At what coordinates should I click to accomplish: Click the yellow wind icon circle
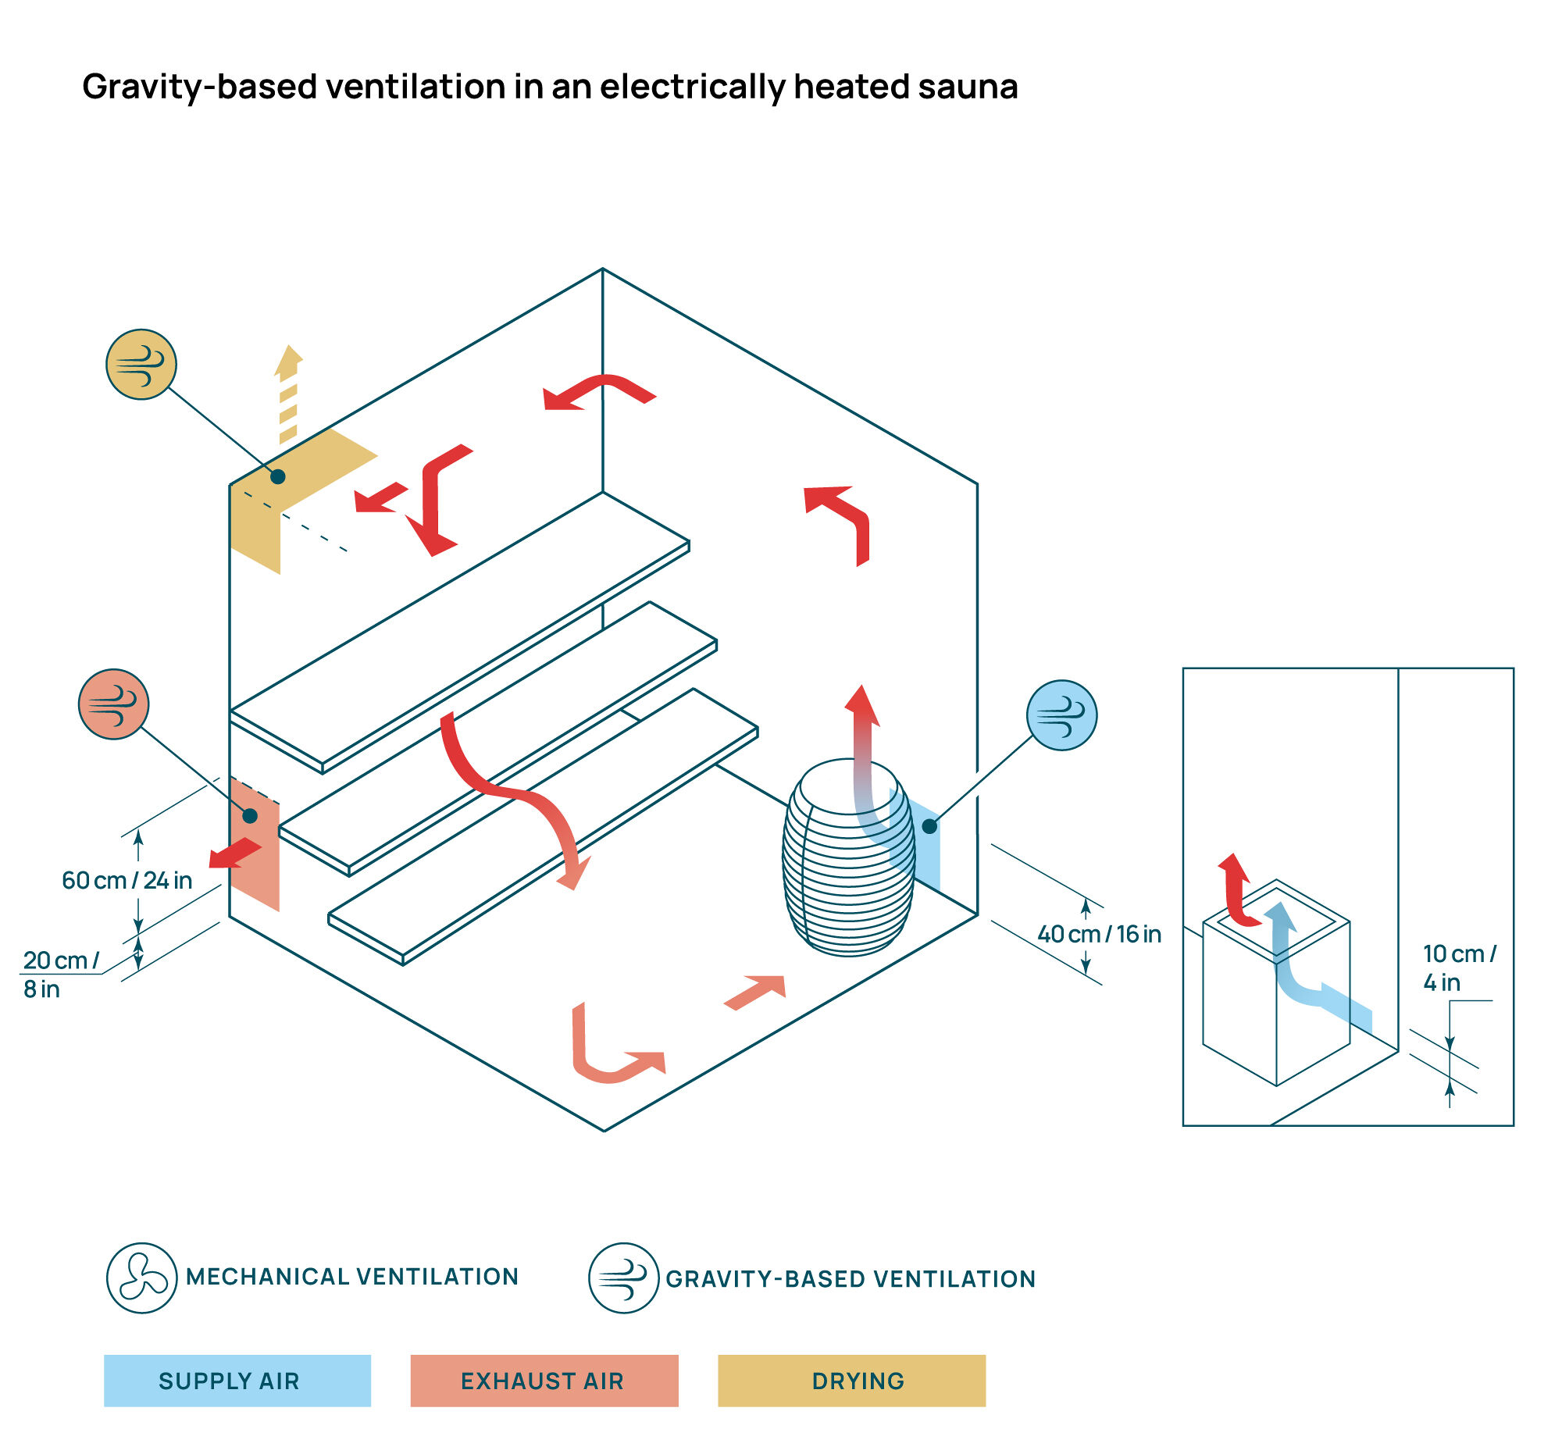coord(141,365)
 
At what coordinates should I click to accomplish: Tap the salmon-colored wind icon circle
coord(114,704)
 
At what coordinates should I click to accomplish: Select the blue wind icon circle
coord(1062,715)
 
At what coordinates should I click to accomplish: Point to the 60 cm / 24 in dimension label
coord(127,881)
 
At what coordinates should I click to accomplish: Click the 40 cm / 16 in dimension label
coord(1099,934)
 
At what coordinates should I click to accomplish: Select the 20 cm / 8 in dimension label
coord(60,975)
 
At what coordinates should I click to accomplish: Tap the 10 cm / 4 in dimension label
coord(1460,968)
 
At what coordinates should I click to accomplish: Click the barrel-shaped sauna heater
coord(850,857)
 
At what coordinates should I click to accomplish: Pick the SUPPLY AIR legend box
coord(237,1381)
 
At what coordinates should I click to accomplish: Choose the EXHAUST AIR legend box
coord(544,1381)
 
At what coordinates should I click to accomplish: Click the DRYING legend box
coord(852,1381)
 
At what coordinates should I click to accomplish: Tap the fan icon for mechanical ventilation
coord(141,1278)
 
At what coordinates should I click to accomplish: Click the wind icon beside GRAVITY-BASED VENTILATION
coord(624,1278)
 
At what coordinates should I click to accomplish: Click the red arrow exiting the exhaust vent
coord(235,853)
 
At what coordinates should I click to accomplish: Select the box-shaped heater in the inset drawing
coord(1276,982)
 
